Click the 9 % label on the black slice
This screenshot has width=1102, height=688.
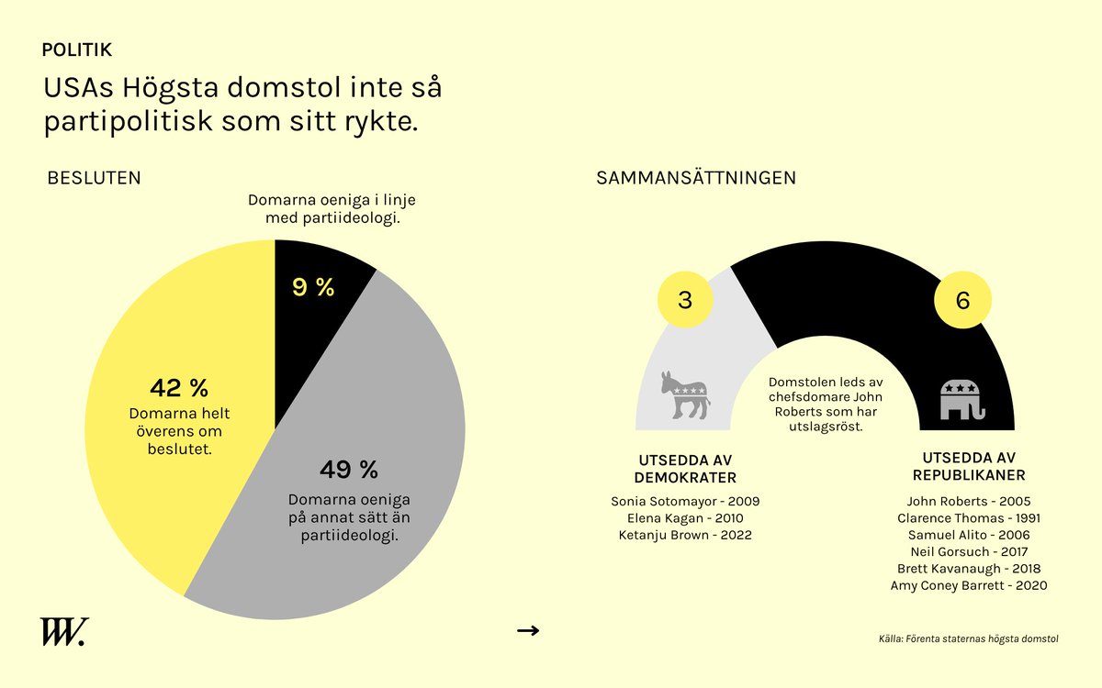pos(313,287)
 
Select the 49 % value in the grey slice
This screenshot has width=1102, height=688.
pos(349,471)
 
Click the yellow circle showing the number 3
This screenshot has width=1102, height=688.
pos(685,300)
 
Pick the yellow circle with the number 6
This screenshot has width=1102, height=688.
pos(962,300)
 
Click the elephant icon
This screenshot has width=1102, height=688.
pos(962,399)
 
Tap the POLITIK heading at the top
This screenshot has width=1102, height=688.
pos(77,50)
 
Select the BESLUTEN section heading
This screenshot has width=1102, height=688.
pos(94,178)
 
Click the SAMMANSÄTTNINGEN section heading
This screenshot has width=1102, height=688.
pos(696,178)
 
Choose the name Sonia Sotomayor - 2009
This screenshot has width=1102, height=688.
pos(685,502)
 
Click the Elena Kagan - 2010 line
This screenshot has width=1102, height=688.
pos(685,518)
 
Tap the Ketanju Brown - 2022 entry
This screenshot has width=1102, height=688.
pos(685,535)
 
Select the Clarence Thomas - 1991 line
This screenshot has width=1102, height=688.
pos(968,518)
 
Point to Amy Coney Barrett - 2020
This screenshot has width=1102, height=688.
pos(968,585)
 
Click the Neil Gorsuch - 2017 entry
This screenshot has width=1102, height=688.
pos(968,551)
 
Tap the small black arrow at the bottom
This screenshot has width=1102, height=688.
pos(528,630)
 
